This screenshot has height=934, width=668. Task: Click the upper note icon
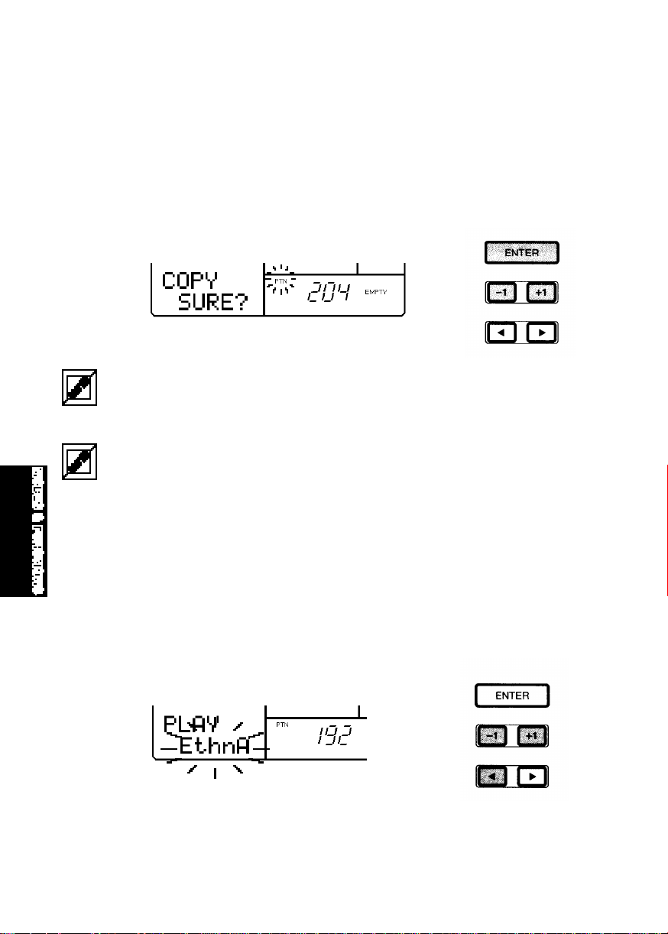[79, 388]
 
